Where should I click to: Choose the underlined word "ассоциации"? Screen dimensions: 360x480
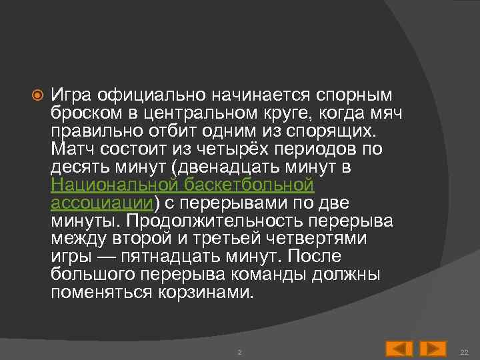[102, 201]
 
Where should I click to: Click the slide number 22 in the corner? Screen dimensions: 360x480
[465, 351]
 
